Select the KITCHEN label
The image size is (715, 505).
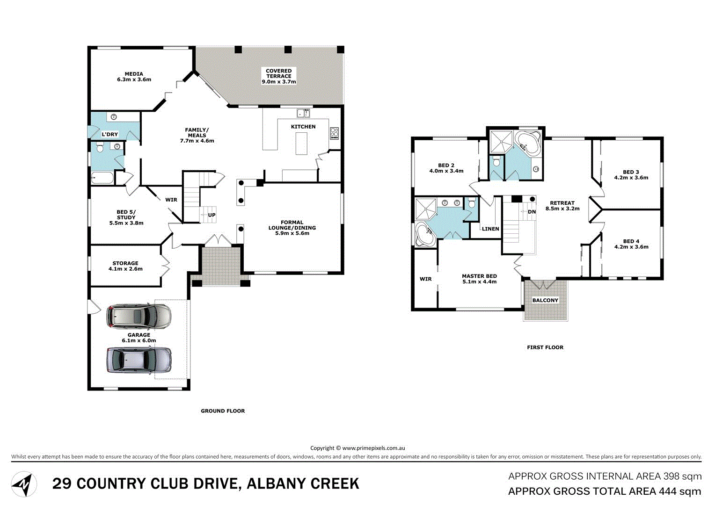(303, 127)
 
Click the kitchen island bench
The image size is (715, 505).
(302, 144)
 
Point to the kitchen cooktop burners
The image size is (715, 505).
(334, 133)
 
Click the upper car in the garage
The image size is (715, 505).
(139, 317)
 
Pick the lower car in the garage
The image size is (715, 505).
(139, 360)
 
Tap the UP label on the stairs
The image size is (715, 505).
(212, 215)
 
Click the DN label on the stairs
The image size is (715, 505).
(532, 212)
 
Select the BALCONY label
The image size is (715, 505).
(545, 300)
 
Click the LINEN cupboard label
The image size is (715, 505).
(490, 229)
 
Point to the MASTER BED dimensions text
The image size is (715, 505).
(479, 282)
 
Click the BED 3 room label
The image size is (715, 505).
(631, 172)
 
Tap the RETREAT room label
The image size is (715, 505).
(562, 203)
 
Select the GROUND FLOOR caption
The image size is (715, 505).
(223, 411)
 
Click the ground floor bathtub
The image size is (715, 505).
(102, 178)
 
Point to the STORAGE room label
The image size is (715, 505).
(125, 263)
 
